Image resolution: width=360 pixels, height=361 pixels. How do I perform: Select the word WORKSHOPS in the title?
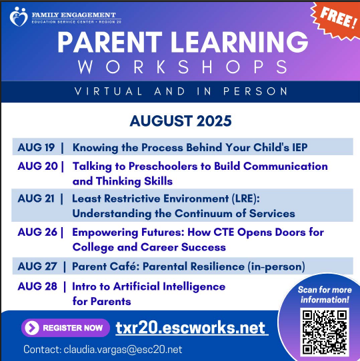tap(182, 67)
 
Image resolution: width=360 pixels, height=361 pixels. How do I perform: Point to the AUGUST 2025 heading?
tap(181, 121)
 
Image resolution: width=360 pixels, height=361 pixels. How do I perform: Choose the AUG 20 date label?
tap(37, 167)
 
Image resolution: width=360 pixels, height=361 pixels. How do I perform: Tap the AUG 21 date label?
tap(37, 198)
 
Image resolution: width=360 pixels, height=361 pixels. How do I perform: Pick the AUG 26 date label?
tap(37, 232)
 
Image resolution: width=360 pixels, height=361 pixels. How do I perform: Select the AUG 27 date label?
tap(37, 266)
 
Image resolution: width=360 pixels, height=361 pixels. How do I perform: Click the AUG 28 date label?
tap(37, 287)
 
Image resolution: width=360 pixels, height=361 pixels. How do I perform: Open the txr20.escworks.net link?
tap(191, 328)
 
